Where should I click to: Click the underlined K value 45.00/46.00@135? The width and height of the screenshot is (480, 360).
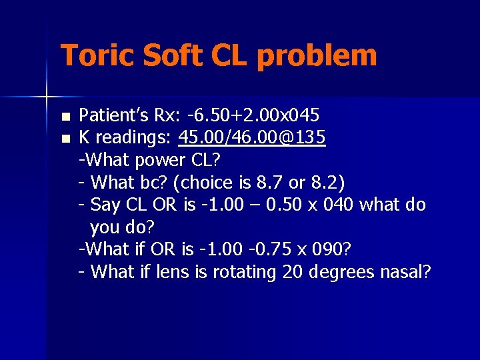[x=252, y=137]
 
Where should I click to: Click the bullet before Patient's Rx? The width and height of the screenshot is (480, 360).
[x=64, y=116]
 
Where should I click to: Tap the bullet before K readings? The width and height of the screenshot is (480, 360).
[x=64, y=139]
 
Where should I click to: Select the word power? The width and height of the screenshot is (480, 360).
[x=159, y=161]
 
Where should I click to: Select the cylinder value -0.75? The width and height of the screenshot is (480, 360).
[x=273, y=249]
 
